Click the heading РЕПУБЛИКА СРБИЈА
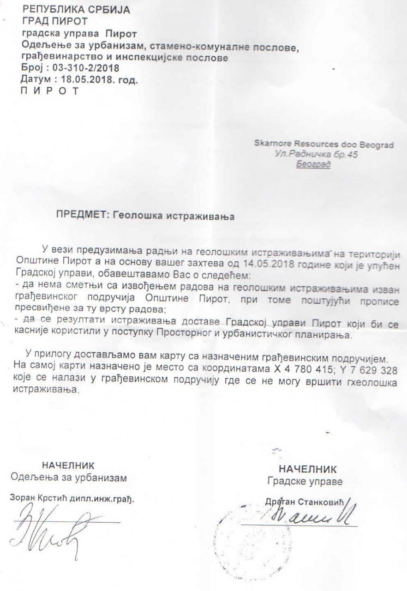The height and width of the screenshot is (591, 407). click(76, 9)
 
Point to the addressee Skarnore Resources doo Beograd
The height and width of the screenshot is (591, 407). click(324, 145)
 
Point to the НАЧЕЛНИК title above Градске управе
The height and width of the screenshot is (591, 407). click(308, 470)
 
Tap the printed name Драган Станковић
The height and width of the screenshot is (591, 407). click(305, 502)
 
